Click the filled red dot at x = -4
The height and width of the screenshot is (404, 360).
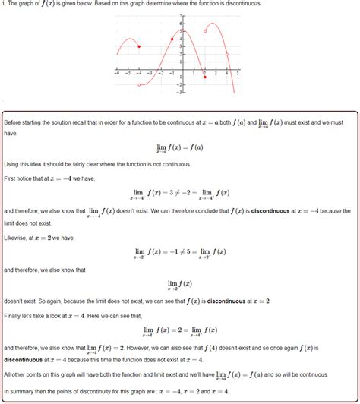pyautogui.click(x=139, y=46)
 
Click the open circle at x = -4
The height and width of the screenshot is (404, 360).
pyautogui.click(x=139, y=85)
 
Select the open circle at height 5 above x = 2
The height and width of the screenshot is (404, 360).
pyautogui.click(x=205, y=31)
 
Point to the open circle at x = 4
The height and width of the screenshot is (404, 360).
pyautogui.click(x=227, y=54)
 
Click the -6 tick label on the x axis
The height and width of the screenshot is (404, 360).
pyautogui.click(x=115, y=74)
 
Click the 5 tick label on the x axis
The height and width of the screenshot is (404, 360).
pyautogui.click(x=238, y=74)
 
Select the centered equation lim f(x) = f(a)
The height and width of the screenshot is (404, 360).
pyautogui.click(x=179, y=148)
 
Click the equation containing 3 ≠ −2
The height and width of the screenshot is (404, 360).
pyautogui.click(x=179, y=193)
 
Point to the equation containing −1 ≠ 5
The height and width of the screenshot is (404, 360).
pyautogui.click(x=179, y=251)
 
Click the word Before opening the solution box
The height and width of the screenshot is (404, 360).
pyautogui.click(x=14, y=122)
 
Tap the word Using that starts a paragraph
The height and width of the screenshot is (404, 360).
pyautogui.click(x=13, y=164)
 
